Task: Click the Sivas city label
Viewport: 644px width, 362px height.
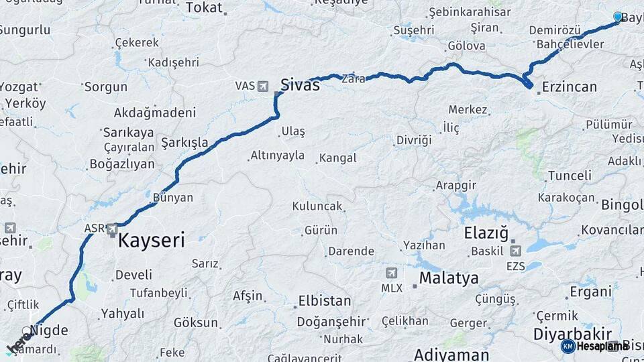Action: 300,84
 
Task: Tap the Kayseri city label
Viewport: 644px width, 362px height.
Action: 151,241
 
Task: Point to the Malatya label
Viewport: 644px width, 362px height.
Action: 449,278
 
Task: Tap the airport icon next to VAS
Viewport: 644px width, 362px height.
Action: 262,86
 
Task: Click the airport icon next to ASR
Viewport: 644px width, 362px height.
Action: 111,229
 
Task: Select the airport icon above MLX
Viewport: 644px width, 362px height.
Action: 392,273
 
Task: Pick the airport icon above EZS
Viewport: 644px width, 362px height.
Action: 515,251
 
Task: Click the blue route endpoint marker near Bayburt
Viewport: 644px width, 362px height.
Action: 618,17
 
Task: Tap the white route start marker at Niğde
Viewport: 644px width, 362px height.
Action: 27,331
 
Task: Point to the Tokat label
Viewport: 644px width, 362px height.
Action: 203,7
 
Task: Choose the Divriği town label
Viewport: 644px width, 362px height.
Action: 413,140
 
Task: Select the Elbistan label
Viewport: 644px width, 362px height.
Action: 325,300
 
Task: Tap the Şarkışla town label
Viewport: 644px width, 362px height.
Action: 184,143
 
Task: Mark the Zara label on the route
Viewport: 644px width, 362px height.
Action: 354,78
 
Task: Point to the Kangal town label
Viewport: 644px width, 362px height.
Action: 337,158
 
